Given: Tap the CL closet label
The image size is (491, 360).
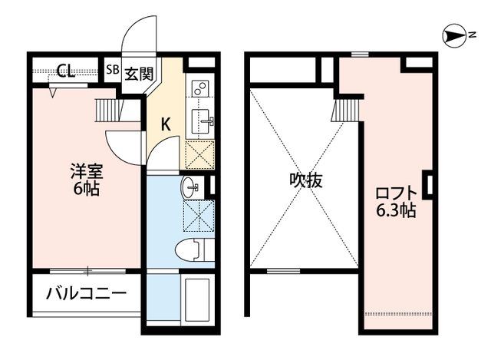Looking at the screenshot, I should pyautogui.click(x=65, y=72).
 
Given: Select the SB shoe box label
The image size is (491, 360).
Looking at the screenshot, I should pyautogui.click(x=112, y=72).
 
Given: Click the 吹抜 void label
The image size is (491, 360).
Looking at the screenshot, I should pyautogui.click(x=305, y=181).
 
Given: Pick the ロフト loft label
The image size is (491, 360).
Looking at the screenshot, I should pyautogui.click(x=395, y=192).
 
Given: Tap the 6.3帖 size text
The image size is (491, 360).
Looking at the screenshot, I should pyautogui.click(x=395, y=210).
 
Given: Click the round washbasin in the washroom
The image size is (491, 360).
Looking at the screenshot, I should pyautogui.click(x=189, y=187).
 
